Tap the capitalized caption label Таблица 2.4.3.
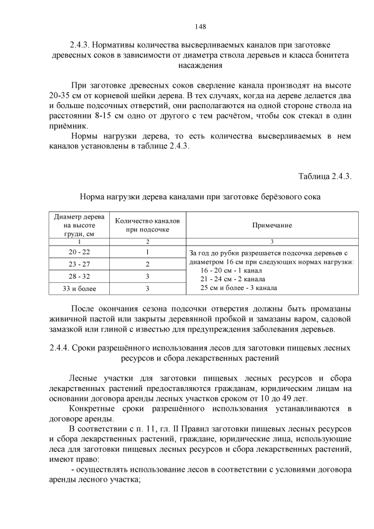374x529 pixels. pyautogui.click(x=324, y=177)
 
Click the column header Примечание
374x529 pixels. pyautogui.click(x=272, y=225)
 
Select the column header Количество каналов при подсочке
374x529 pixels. pyautogui.click(x=148, y=225)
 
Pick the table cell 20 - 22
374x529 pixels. pyautogui.click(x=79, y=252)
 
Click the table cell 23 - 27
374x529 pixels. pyautogui.click(x=79, y=264)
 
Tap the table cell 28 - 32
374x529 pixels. pyautogui.click(x=79, y=276)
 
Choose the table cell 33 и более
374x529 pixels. pyautogui.click(x=79, y=288)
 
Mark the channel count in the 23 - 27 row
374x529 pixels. pyautogui.click(x=148, y=264)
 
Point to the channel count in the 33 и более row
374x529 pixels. pyautogui.click(x=148, y=288)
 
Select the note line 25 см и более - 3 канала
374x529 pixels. pyautogui.click(x=238, y=288)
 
